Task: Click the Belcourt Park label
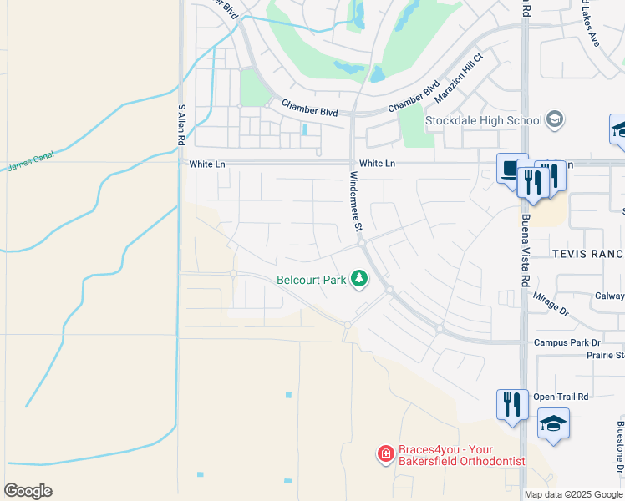pos(311,280)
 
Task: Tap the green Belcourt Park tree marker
pos(359,278)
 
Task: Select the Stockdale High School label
pos(483,120)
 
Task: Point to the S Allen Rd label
pos(180,125)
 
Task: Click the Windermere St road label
pos(355,201)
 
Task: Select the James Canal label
pos(30,166)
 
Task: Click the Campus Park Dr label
pos(567,343)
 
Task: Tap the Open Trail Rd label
pos(561,397)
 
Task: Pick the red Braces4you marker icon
pos(385,454)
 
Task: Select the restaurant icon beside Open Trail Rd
pos(512,404)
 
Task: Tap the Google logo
pos(28,491)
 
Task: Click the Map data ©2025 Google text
pos(572,494)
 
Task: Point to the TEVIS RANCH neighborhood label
pos(587,253)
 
